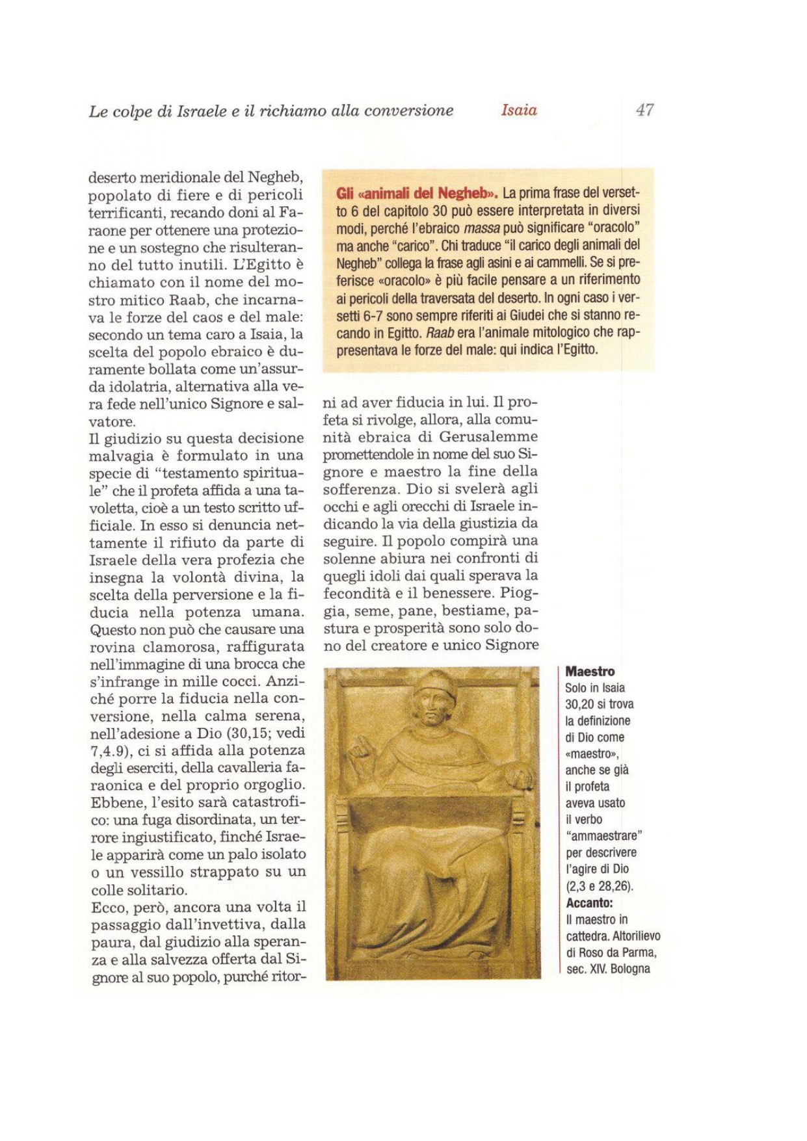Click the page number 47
pos(644,110)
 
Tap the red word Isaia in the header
pos(519,110)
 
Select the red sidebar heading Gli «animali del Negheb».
pos(417,193)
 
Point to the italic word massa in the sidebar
pos(482,228)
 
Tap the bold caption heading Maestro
pos(590,672)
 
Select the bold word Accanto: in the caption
pos(589,903)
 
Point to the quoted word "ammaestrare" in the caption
pos(604,835)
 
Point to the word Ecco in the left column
pos(107,907)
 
